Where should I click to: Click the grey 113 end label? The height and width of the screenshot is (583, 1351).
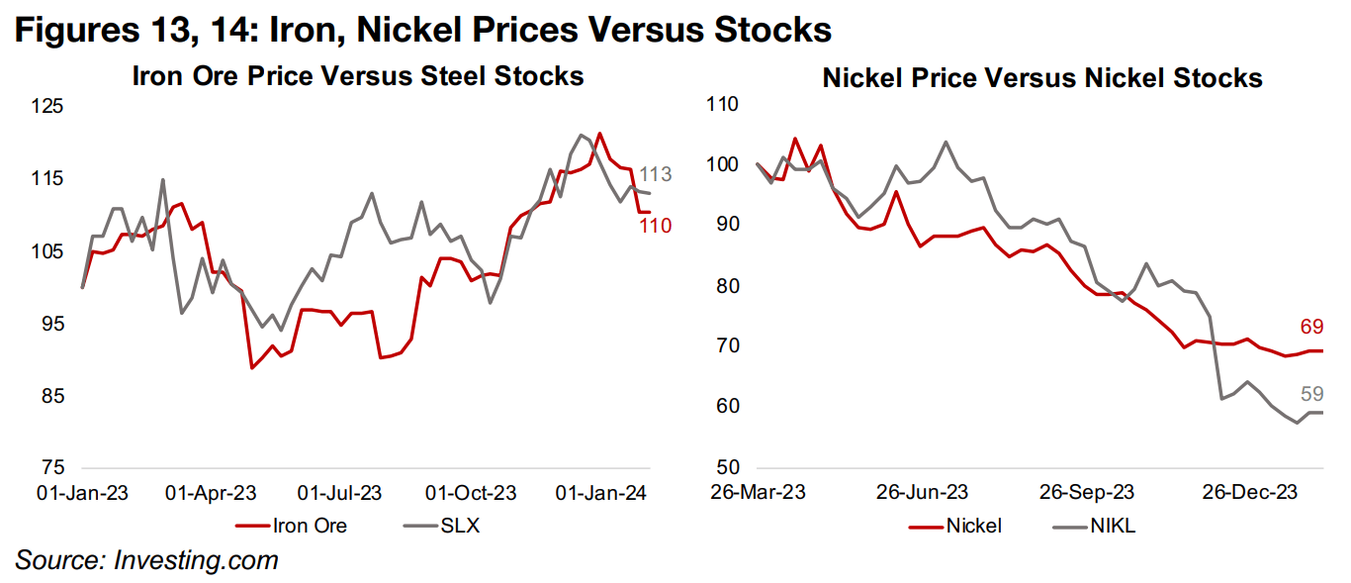click(655, 175)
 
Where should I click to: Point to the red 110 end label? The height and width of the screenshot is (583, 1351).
click(655, 226)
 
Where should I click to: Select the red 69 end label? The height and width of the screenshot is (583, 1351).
click(1311, 327)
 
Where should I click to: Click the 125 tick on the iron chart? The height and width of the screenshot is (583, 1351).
click(47, 106)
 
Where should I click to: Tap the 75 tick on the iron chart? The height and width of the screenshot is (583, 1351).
click(53, 468)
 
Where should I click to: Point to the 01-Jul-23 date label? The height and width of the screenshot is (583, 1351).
click(339, 493)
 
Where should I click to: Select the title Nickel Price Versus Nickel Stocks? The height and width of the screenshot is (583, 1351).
click(1042, 77)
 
